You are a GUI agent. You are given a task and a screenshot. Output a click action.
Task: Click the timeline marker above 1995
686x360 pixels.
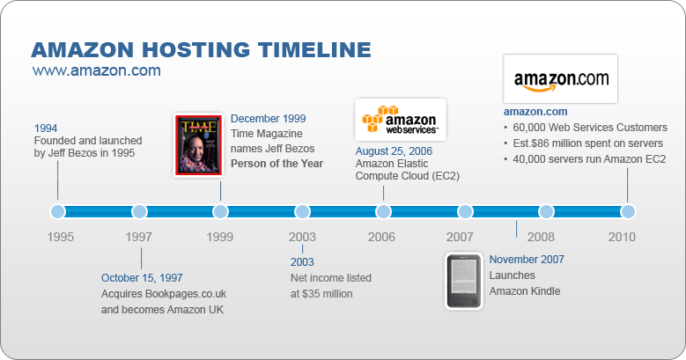58,211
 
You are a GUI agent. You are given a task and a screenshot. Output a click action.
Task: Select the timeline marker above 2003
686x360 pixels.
302,211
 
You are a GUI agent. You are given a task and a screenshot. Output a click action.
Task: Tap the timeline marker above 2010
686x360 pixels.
628,211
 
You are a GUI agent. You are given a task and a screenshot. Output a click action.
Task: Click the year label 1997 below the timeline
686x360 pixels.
138,237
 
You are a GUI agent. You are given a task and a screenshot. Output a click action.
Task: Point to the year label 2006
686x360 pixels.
382,237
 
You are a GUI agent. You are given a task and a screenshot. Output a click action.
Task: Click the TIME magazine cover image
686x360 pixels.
197,145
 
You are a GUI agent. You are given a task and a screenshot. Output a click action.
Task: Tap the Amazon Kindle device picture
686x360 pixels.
463,281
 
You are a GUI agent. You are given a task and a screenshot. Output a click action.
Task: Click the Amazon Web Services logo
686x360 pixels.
401,121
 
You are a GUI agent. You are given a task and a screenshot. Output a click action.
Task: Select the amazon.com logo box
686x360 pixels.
560,79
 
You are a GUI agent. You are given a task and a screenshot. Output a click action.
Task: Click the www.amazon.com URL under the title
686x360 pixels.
96,70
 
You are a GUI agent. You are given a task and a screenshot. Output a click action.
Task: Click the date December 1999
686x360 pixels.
269,118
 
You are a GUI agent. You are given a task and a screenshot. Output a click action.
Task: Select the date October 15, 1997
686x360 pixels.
142,278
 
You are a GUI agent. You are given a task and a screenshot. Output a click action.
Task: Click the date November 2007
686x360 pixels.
527,259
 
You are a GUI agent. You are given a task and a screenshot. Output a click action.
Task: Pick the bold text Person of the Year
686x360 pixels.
277,164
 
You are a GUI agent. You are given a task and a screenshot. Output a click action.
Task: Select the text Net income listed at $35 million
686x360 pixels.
331,286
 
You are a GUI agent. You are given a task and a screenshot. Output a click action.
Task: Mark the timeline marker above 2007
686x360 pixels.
465,211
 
